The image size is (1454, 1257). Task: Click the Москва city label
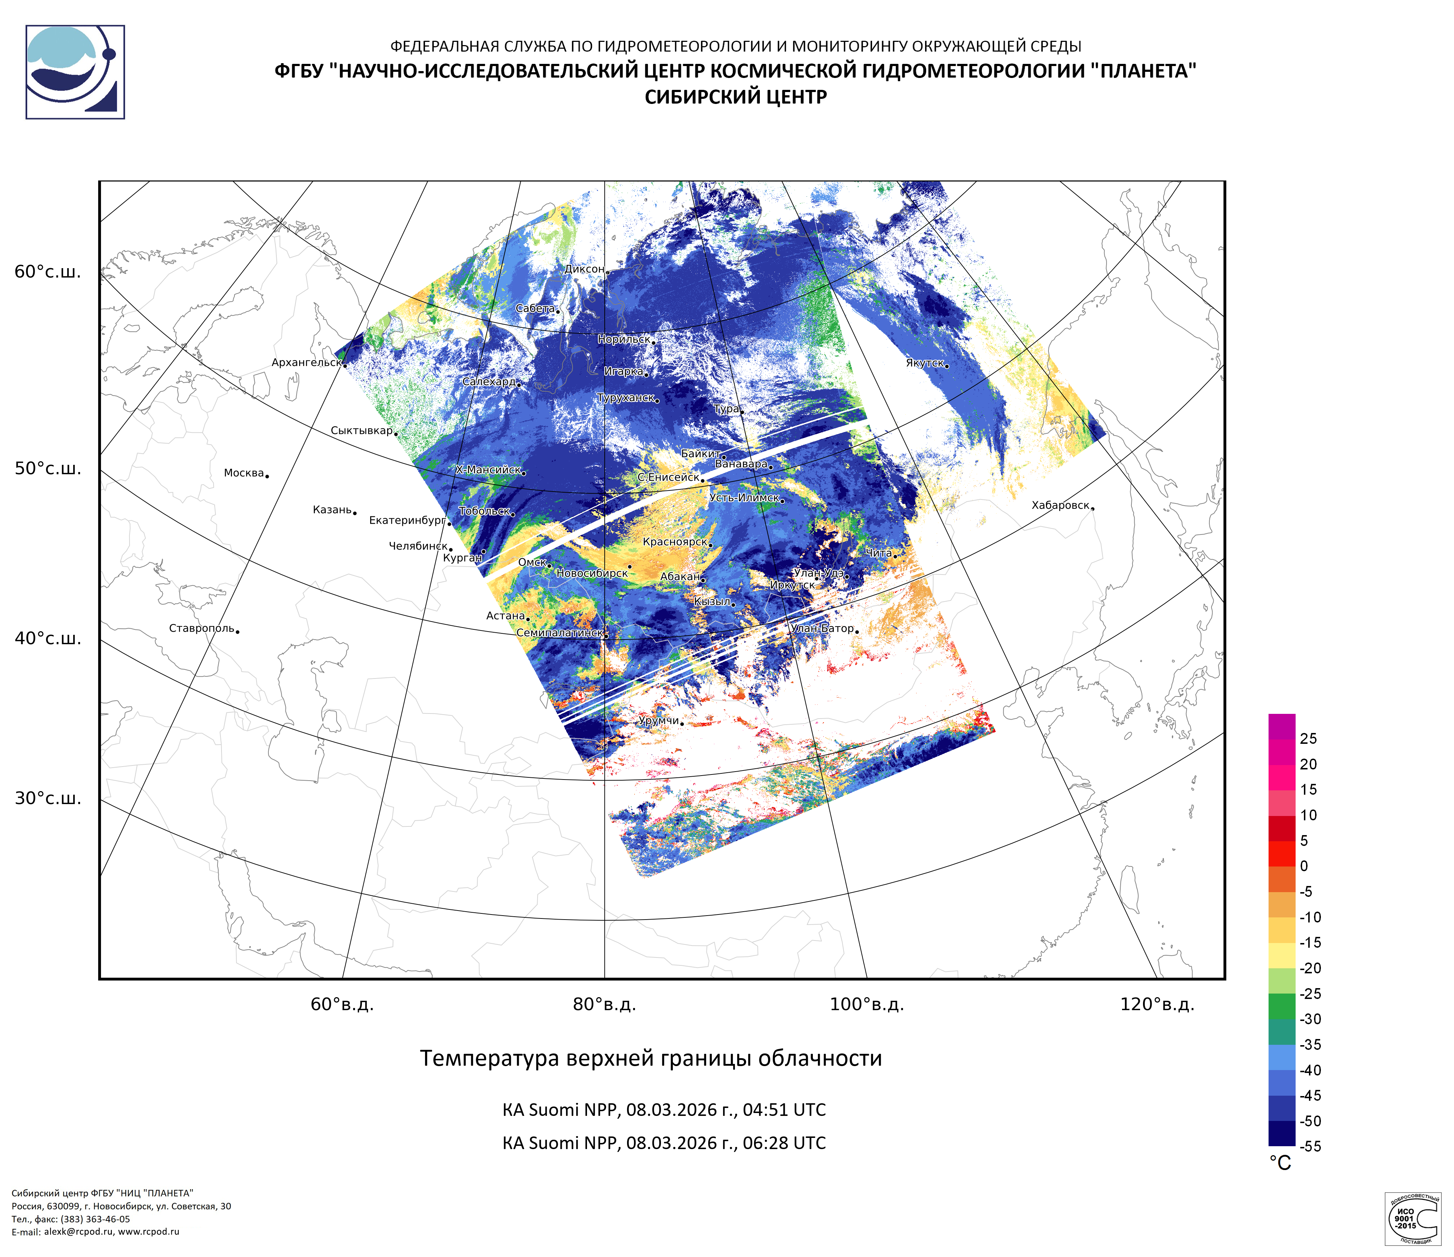coord(244,473)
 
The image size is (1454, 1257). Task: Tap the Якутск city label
coord(924,363)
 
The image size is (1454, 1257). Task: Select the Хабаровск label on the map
coord(1060,505)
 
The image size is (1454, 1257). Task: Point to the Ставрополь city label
coord(201,628)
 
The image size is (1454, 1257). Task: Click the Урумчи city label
coord(658,721)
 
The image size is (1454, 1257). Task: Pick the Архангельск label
coord(306,363)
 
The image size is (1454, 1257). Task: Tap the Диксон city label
coord(584,269)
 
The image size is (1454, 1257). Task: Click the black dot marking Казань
coord(355,513)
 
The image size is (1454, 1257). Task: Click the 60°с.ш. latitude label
coord(48,272)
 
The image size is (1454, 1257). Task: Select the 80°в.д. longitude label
coord(604,1004)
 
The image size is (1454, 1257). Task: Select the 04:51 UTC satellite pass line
coord(664,1110)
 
